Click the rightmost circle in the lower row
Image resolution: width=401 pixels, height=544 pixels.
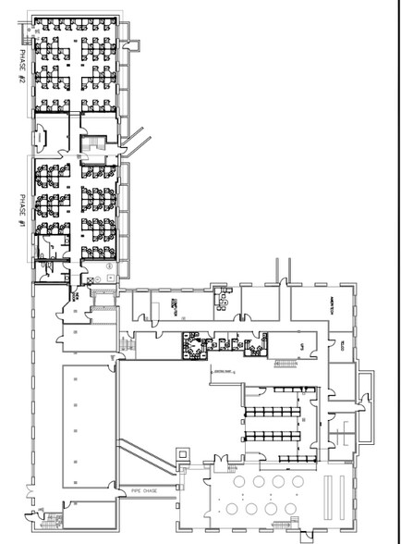point(296,508)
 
